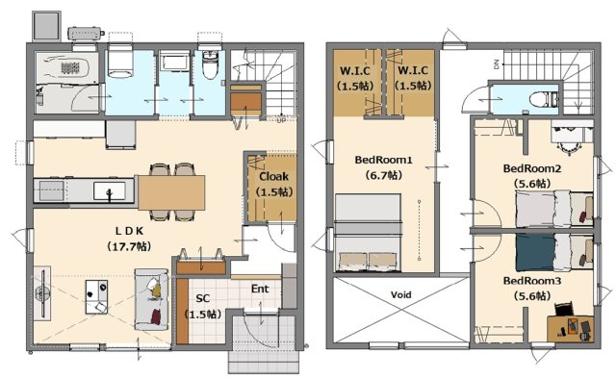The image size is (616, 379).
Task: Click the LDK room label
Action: click(130, 231)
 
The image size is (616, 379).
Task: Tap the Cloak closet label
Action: click(273, 177)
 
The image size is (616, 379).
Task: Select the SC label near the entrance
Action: click(203, 298)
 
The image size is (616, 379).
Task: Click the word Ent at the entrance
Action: click(260, 290)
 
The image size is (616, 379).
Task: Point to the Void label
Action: click(401, 294)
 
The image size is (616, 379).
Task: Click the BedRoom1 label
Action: click(383, 160)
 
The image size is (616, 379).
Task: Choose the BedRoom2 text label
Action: click(532, 168)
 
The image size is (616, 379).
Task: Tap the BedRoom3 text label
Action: click(532, 281)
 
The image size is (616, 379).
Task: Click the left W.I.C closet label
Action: click(355, 71)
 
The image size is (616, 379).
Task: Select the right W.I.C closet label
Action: click(413, 71)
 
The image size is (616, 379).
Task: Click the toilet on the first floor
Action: click(210, 63)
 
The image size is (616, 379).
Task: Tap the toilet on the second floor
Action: click(543, 99)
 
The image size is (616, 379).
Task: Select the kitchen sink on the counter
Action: click(110, 190)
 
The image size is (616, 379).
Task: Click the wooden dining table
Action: click(171, 192)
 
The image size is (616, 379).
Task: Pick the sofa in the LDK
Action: click(152, 299)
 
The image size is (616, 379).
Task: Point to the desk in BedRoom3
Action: click(571, 329)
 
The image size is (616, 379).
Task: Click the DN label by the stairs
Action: click(497, 64)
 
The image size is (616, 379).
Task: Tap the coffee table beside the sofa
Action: click(96, 297)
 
